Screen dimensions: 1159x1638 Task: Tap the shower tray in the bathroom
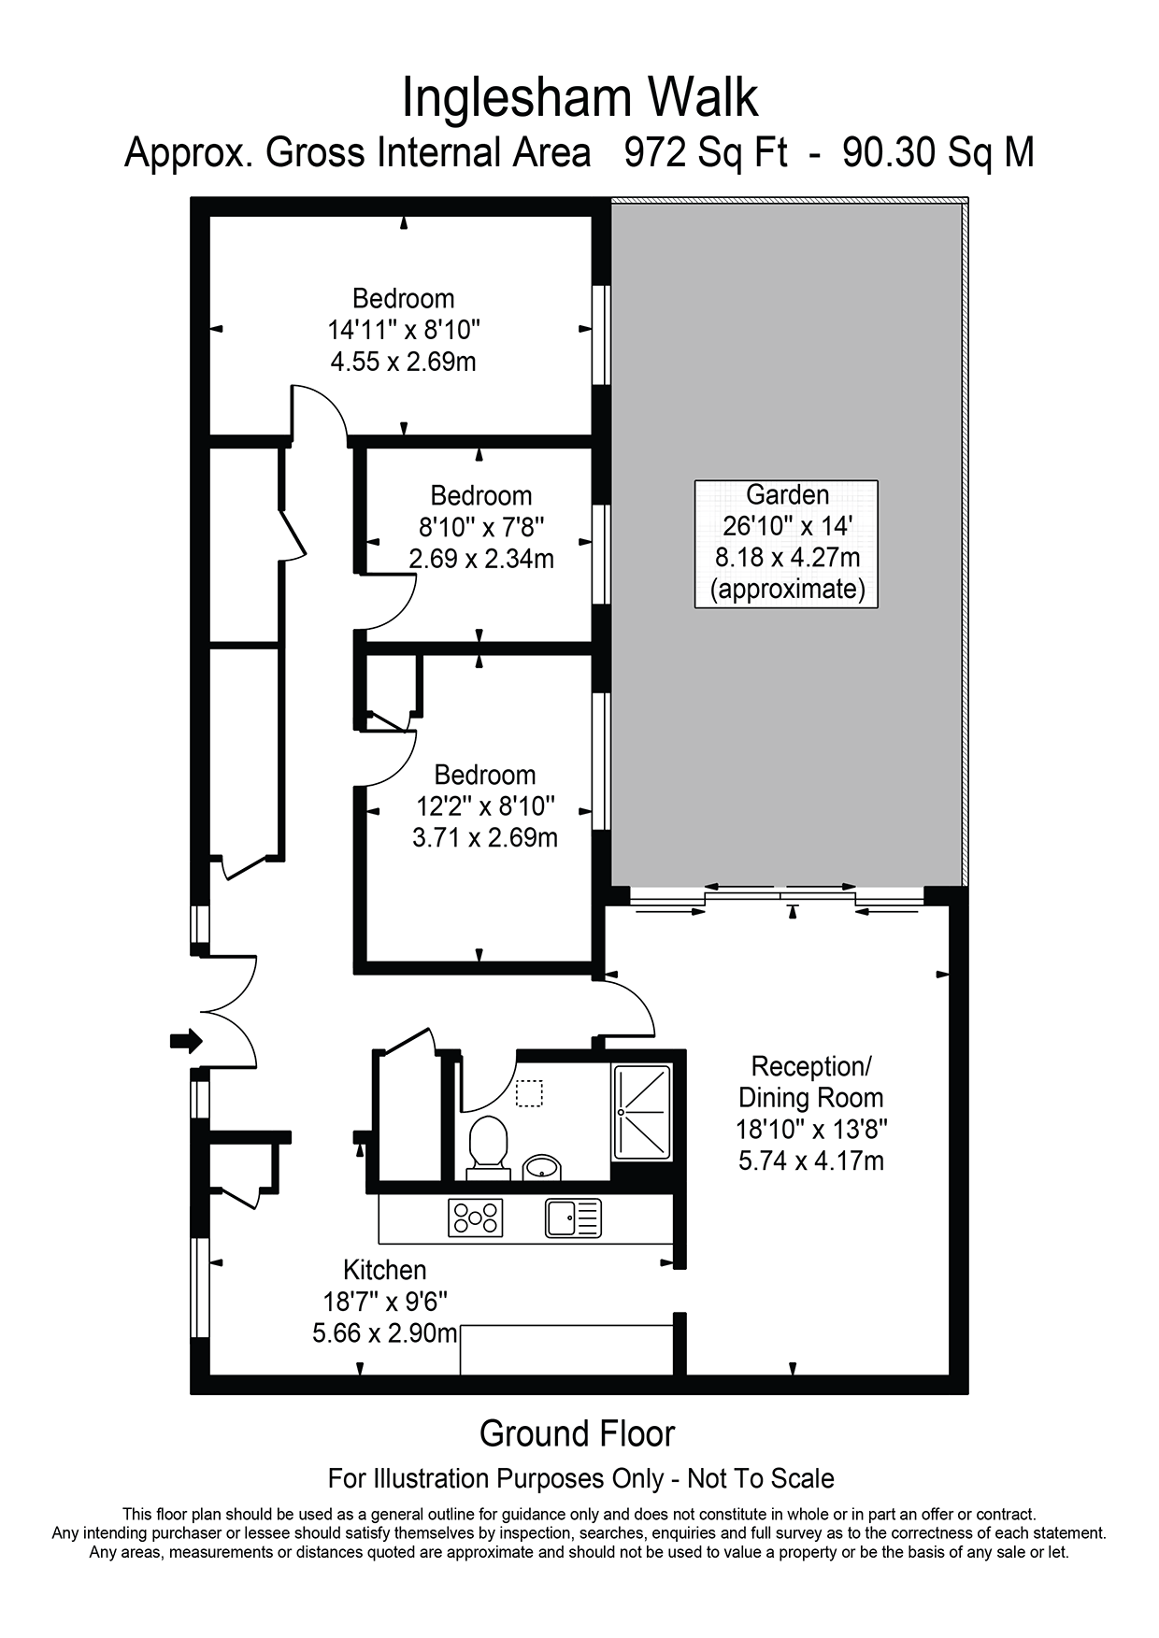642,1112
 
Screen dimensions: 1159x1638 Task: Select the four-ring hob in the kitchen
476,1218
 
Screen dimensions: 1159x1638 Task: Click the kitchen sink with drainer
573,1218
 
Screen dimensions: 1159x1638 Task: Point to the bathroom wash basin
542,1166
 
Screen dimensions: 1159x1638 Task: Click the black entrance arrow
186,1039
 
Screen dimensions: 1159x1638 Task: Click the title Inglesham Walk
579,98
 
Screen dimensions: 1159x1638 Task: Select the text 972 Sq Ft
707,152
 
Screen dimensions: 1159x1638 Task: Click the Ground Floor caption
578,1433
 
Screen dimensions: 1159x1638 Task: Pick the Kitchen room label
385,1270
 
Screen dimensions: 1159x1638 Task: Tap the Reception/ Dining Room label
811,1081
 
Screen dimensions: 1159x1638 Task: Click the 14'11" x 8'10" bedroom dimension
404,330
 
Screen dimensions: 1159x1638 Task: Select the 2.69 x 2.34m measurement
481,559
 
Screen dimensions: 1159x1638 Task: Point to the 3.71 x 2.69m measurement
485,837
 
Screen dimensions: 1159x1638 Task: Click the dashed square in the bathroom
530,1093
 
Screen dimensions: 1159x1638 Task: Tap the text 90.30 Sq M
938,152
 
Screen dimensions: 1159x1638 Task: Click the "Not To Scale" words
761,1478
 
